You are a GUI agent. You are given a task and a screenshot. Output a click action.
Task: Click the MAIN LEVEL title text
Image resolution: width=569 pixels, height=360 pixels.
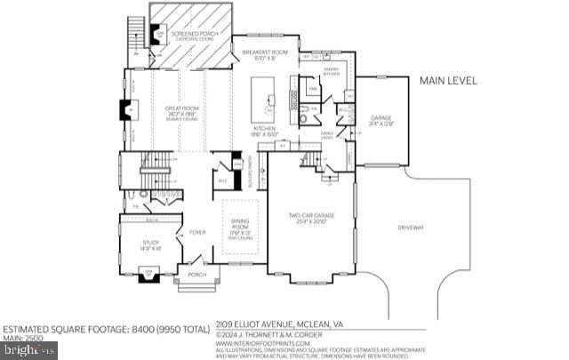(x=447, y=80)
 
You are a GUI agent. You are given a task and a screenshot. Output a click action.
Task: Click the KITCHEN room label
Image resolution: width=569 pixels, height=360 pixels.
(x=265, y=132)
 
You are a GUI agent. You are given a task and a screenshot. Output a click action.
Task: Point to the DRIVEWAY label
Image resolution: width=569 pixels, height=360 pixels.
(x=411, y=228)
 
